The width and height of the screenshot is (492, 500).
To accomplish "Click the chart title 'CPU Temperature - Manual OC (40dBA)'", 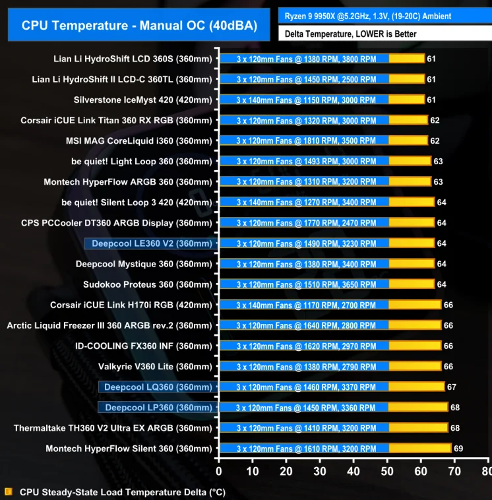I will coord(138,26).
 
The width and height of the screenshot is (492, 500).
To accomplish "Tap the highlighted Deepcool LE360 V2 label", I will coord(152,243).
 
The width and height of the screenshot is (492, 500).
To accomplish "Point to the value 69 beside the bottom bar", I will coord(458,449).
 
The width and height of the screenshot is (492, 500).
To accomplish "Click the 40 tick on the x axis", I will coord(354,472).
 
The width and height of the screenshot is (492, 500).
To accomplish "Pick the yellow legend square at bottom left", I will coord(8,491).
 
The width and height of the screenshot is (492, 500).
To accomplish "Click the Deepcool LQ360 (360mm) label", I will coord(158,387).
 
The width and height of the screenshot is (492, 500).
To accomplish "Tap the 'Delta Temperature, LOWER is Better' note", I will coord(350,34).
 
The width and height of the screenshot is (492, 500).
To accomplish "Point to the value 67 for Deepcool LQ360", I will coord(452,387).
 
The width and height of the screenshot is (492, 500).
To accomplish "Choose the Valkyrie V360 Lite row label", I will coord(155,367).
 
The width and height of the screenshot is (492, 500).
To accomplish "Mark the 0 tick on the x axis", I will coord(219,472).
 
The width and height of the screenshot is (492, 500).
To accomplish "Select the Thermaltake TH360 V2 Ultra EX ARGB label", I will coord(113,428).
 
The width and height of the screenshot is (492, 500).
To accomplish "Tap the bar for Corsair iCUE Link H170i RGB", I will coord(330,305).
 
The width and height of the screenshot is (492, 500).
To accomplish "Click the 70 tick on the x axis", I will coord(454,472).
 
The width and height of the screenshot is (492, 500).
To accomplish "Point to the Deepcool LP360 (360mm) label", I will coord(158,408).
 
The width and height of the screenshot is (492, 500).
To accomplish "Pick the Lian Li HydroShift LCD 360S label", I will coord(133,59).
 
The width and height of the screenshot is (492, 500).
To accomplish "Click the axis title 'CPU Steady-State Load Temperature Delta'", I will coord(122,492).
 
